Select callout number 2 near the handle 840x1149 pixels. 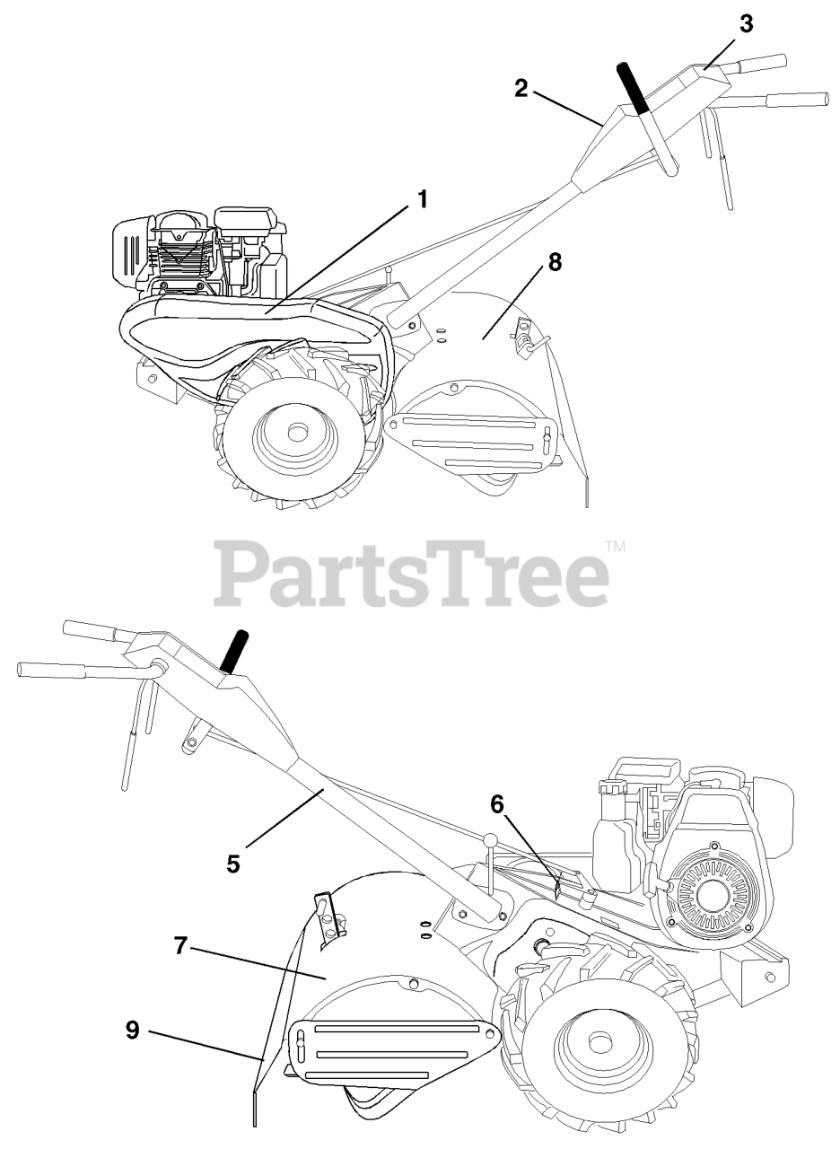pos(521,88)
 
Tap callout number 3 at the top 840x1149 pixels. pos(746,24)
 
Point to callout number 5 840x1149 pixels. pos(233,864)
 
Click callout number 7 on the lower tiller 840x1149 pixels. pos(180,945)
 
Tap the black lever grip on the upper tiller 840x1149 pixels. pos(632,88)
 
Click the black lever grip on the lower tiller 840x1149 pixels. pos(235,650)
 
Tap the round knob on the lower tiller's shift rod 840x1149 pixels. pos(489,840)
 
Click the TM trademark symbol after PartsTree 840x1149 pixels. pos(615,545)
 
